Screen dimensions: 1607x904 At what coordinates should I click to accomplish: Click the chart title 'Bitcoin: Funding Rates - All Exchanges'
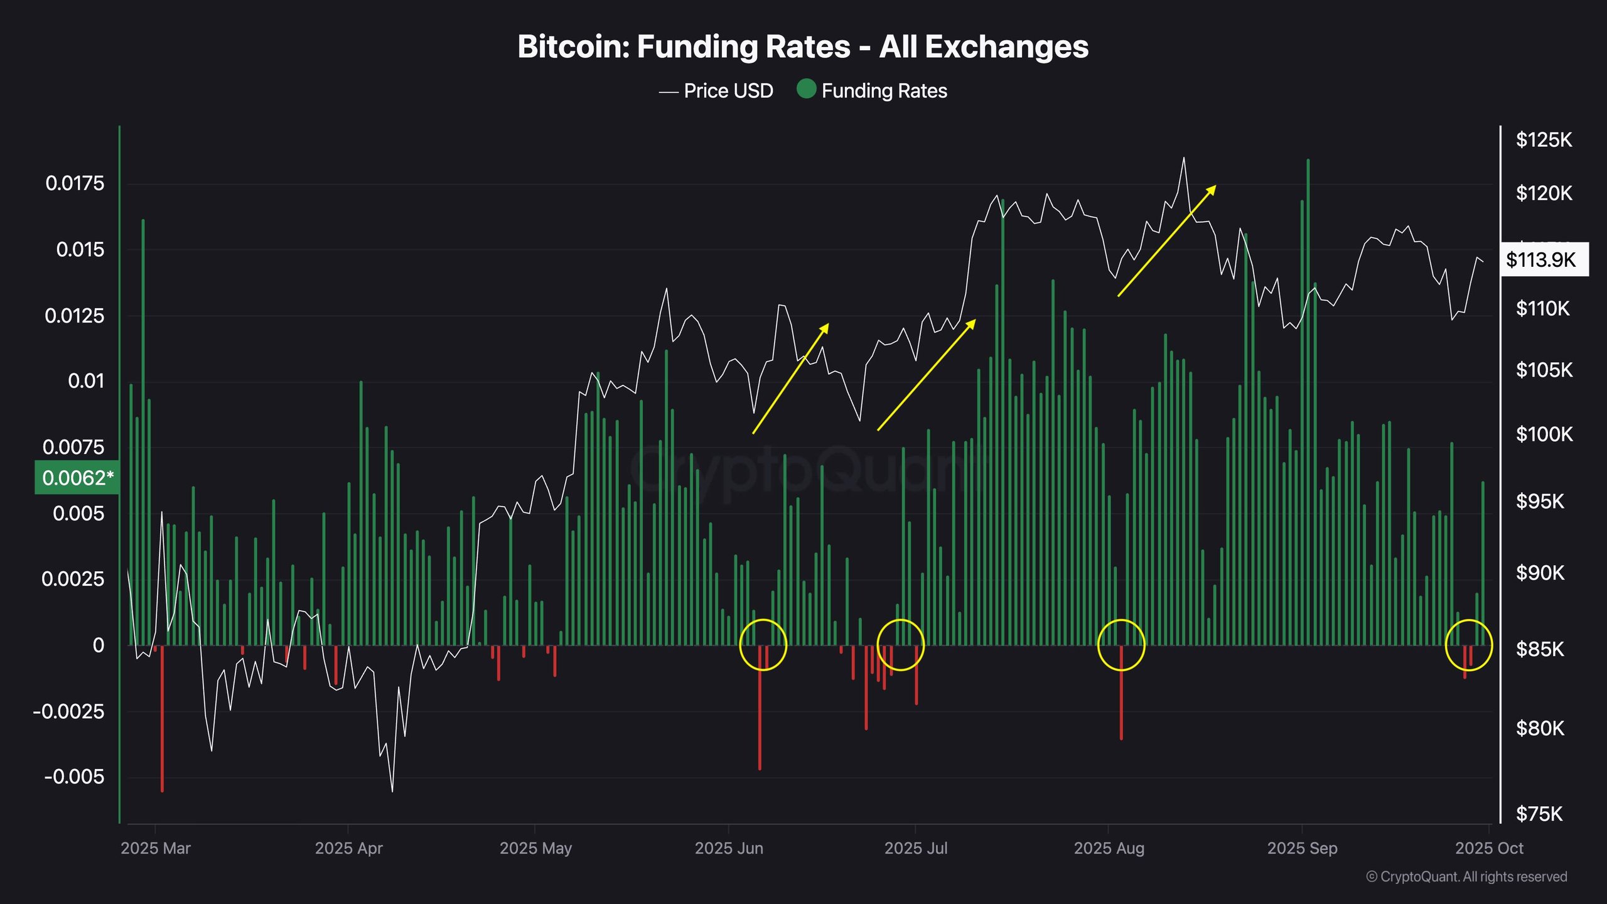[x=803, y=47]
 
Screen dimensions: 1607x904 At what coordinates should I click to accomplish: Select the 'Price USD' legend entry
[x=716, y=91]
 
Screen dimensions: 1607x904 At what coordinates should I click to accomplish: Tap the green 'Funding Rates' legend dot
[x=806, y=89]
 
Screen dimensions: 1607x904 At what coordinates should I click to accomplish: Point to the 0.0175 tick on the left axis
[x=75, y=183]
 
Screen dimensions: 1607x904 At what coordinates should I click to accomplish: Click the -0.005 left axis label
[x=74, y=777]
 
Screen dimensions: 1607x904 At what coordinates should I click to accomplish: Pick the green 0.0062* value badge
[x=77, y=478]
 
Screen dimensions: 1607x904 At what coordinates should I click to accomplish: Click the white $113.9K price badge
[x=1544, y=259]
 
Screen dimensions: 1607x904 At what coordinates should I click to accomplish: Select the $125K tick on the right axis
[x=1544, y=139]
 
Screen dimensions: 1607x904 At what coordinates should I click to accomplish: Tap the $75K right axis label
[x=1539, y=814]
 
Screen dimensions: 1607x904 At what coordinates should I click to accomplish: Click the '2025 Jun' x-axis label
[x=729, y=848]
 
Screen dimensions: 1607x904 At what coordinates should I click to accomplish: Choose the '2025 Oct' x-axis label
[x=1489, y=848]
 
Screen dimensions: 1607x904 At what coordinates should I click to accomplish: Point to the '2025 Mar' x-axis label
[x=156, y=848]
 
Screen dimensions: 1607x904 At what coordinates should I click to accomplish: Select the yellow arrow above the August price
[x=1167, y=240]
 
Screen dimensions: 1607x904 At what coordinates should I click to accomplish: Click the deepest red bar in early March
[x=162, y=719]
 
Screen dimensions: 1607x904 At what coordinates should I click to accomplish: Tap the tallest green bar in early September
[x=1308, y=402]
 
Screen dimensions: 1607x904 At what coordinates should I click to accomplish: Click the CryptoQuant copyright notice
[x=1466, y=876]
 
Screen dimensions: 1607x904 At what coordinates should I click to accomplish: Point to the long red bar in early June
[x=760, y=708]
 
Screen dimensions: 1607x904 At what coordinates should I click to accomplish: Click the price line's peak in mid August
[x=1184, y=158]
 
